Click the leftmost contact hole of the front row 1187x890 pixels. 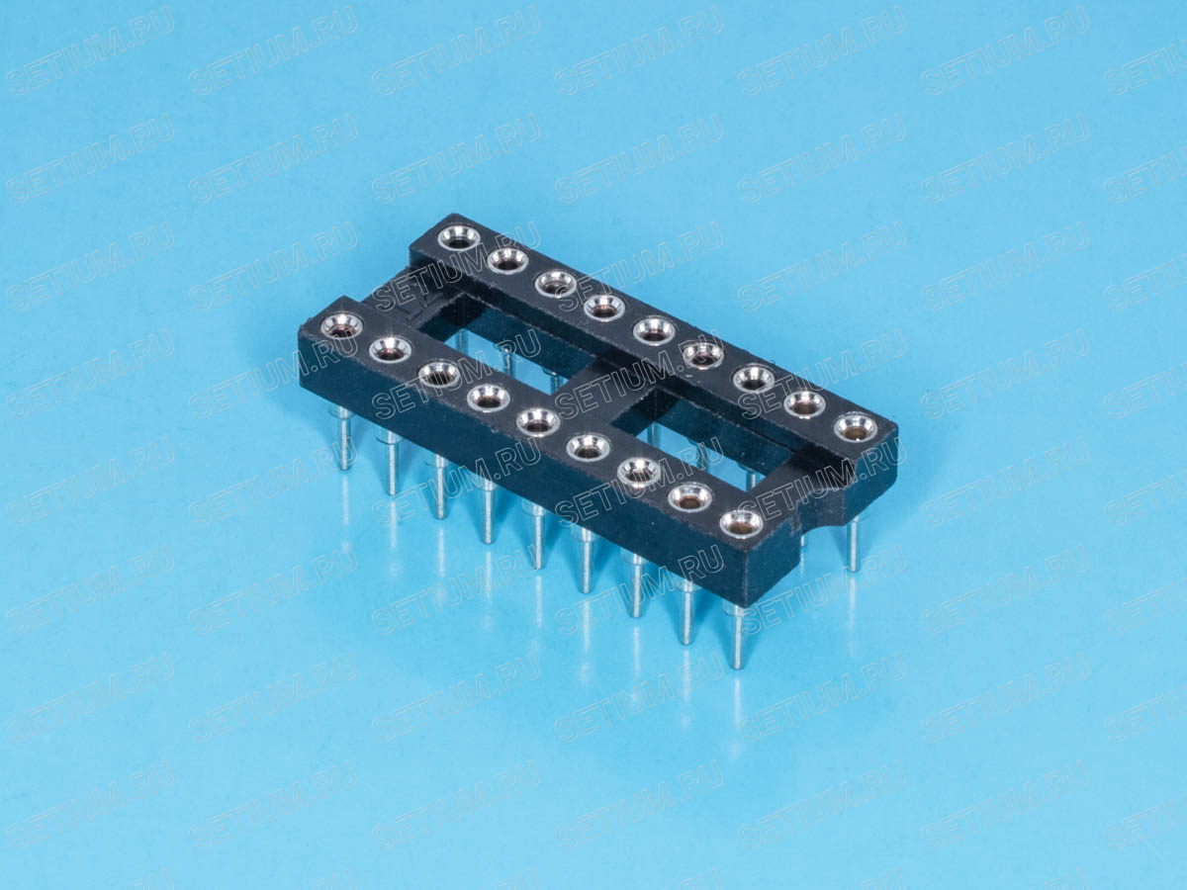[341, 326]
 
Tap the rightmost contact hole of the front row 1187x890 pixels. [742, 524]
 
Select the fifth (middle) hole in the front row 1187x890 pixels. [537, 421]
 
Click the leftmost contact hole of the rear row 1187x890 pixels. [459, 239]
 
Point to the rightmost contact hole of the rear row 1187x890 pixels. [856, 428]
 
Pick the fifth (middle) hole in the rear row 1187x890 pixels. [654, 330]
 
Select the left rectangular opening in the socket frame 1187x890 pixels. [502, 346]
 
